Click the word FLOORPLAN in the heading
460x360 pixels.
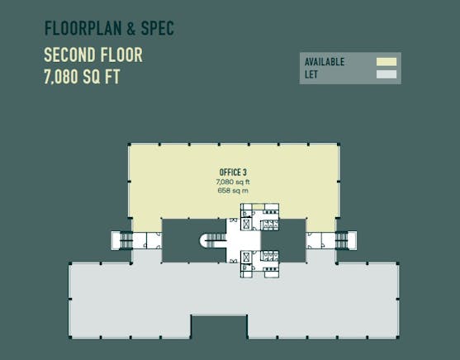click(83, 28)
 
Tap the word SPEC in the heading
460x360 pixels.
click(158, 28)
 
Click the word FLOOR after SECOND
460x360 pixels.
click(121, 54)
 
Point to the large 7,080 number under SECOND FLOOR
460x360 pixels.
click(61, 77)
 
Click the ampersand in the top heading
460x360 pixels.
click(131, 28)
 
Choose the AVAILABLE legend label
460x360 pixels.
click(325, 62)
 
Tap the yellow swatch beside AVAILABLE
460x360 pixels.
click(386, 62)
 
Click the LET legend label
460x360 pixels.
click(311, 74)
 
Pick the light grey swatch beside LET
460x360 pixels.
click(386, 74)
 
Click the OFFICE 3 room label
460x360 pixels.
click(233, 173)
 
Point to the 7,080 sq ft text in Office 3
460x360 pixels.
click(233, 182)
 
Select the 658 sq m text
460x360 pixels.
click(233, 191)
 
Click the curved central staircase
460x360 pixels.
click(213, 240)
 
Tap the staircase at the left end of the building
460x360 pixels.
click(126, 240)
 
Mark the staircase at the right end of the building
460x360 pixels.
click(341, 240)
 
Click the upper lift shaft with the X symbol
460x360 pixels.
click(246, 225)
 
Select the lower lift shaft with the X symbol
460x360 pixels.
click(246, 258)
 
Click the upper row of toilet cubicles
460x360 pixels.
click(270, 225)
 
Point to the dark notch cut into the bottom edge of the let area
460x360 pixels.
click(219, 327)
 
